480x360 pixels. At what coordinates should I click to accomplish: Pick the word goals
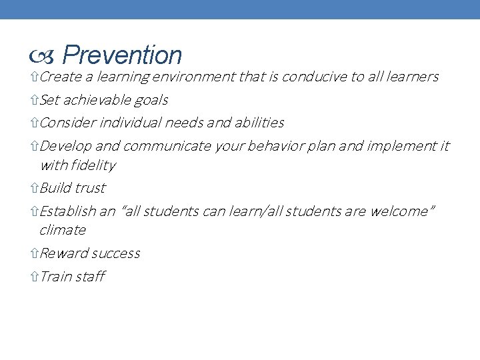click(151, 101)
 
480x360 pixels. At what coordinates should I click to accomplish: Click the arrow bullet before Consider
click(35, 123)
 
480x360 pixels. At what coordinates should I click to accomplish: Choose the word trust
click(90, 188)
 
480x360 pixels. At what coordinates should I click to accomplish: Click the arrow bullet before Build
click(35, 189)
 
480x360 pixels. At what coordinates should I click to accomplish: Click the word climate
click(63, 230)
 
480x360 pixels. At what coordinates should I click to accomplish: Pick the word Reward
click(63, 253)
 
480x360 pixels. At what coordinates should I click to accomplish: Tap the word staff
click(89, 277)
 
